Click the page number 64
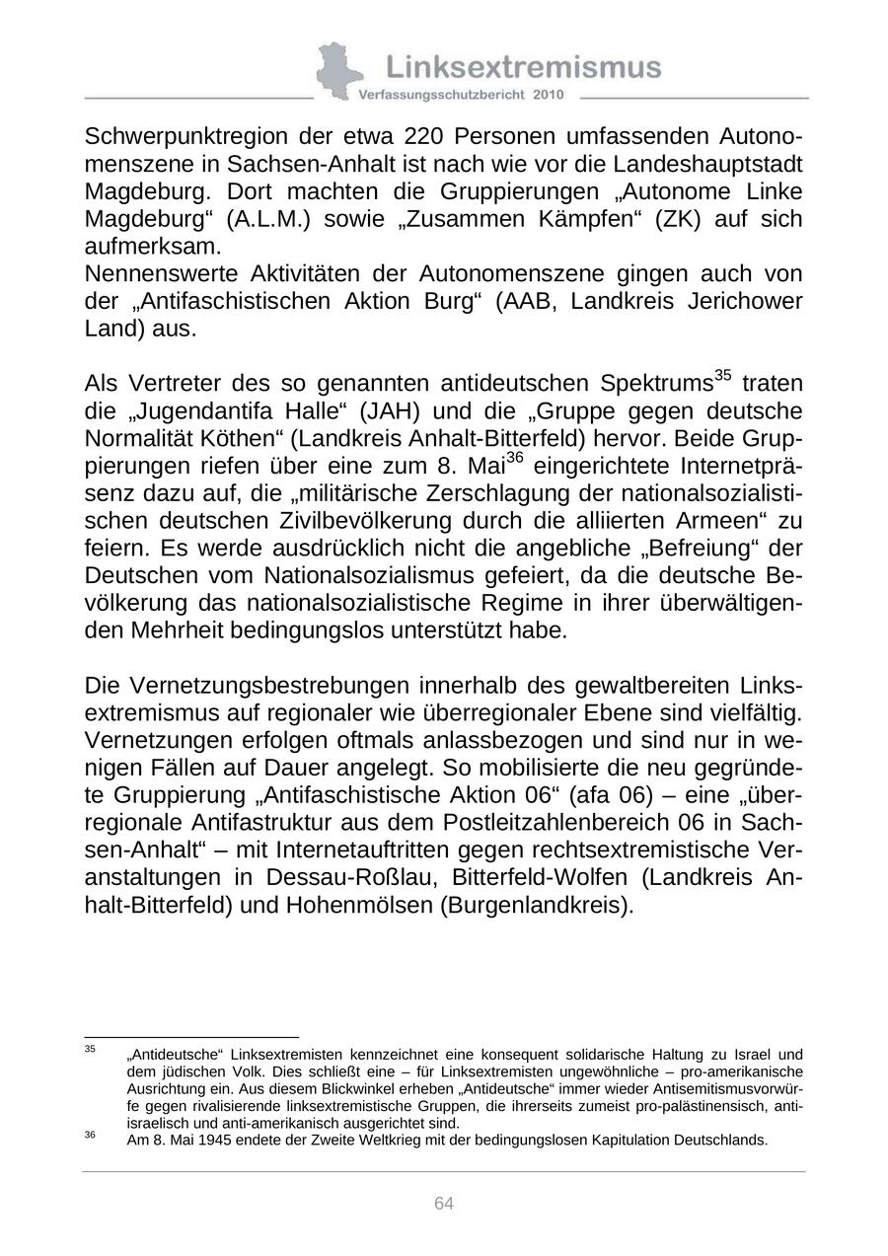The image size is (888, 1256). (x=444, y=1204)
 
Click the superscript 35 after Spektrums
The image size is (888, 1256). (x=722, y=375)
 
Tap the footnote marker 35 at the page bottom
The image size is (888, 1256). (x=90, y=1049)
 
